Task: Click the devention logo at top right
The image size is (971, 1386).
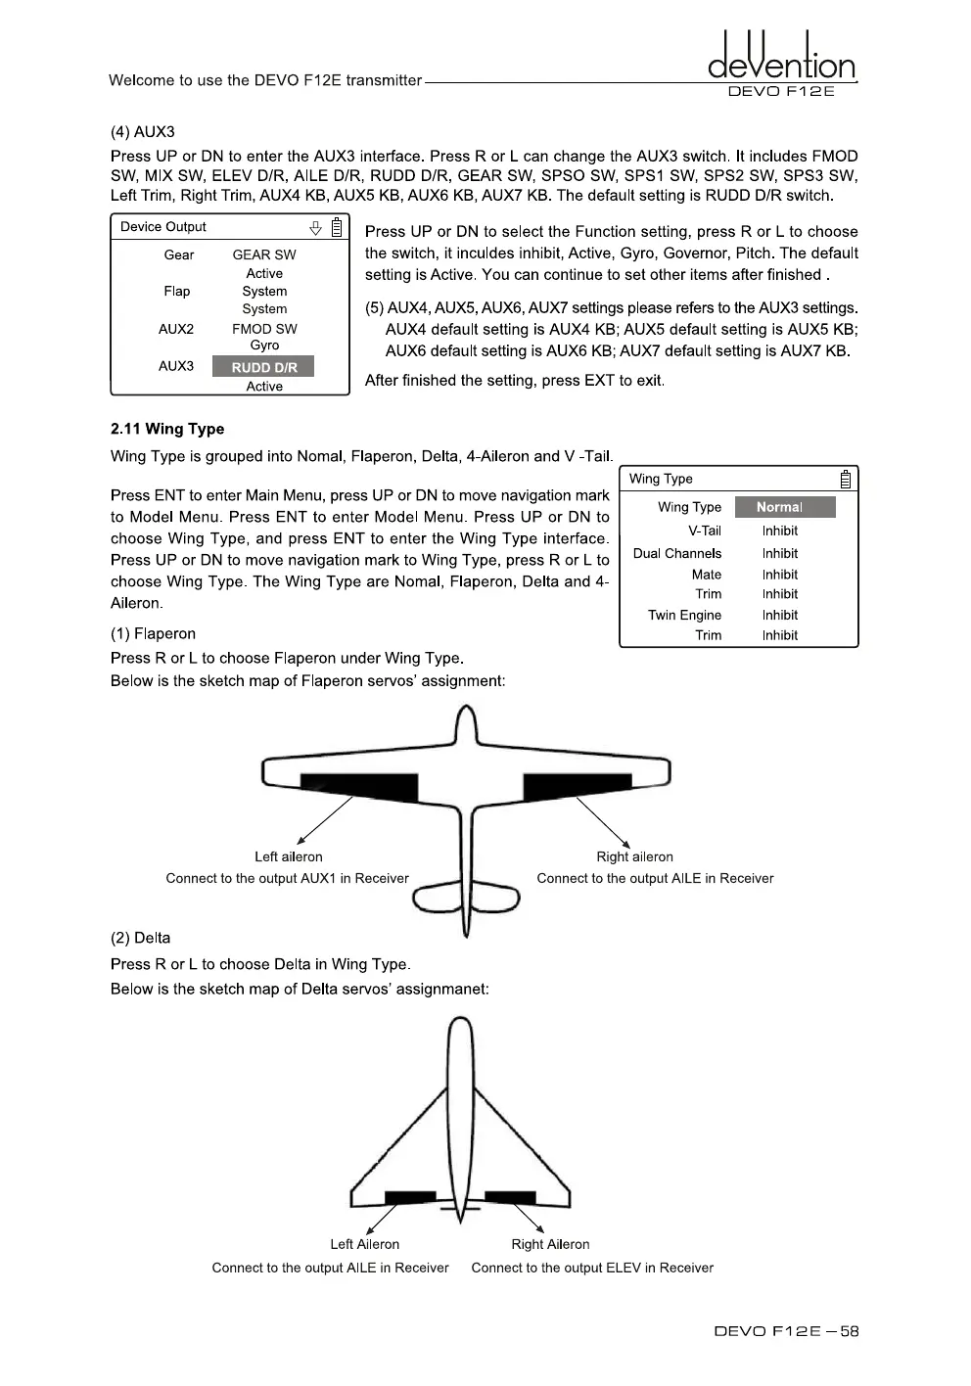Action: (x=781, y=61)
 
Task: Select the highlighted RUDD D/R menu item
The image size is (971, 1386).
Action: (x=263, y=367)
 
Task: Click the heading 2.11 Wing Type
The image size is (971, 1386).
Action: (x=167, y=429)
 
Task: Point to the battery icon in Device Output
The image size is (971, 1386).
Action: (x=337, y=228)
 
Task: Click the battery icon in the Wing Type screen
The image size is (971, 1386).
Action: (x=845, y=479)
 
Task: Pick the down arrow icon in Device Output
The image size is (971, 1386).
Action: (x=315, y=228)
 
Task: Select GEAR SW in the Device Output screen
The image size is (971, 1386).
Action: (x=264, y=254)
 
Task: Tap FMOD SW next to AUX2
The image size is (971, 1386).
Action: (x=264, y=329)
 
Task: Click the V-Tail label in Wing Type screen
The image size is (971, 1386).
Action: (x=704, y=531)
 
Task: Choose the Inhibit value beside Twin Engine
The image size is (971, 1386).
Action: (x=779, y=615)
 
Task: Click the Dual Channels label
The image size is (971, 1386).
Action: (x=676, y=553)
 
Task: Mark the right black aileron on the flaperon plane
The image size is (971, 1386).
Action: (x=576, y=785)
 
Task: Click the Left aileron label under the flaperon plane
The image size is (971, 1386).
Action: (x=288, y=856)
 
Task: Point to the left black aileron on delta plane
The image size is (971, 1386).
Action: (x=410, y=1197)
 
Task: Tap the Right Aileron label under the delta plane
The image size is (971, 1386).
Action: (x=550, y=1244)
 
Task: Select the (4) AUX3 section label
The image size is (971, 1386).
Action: (x=143, y=132)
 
